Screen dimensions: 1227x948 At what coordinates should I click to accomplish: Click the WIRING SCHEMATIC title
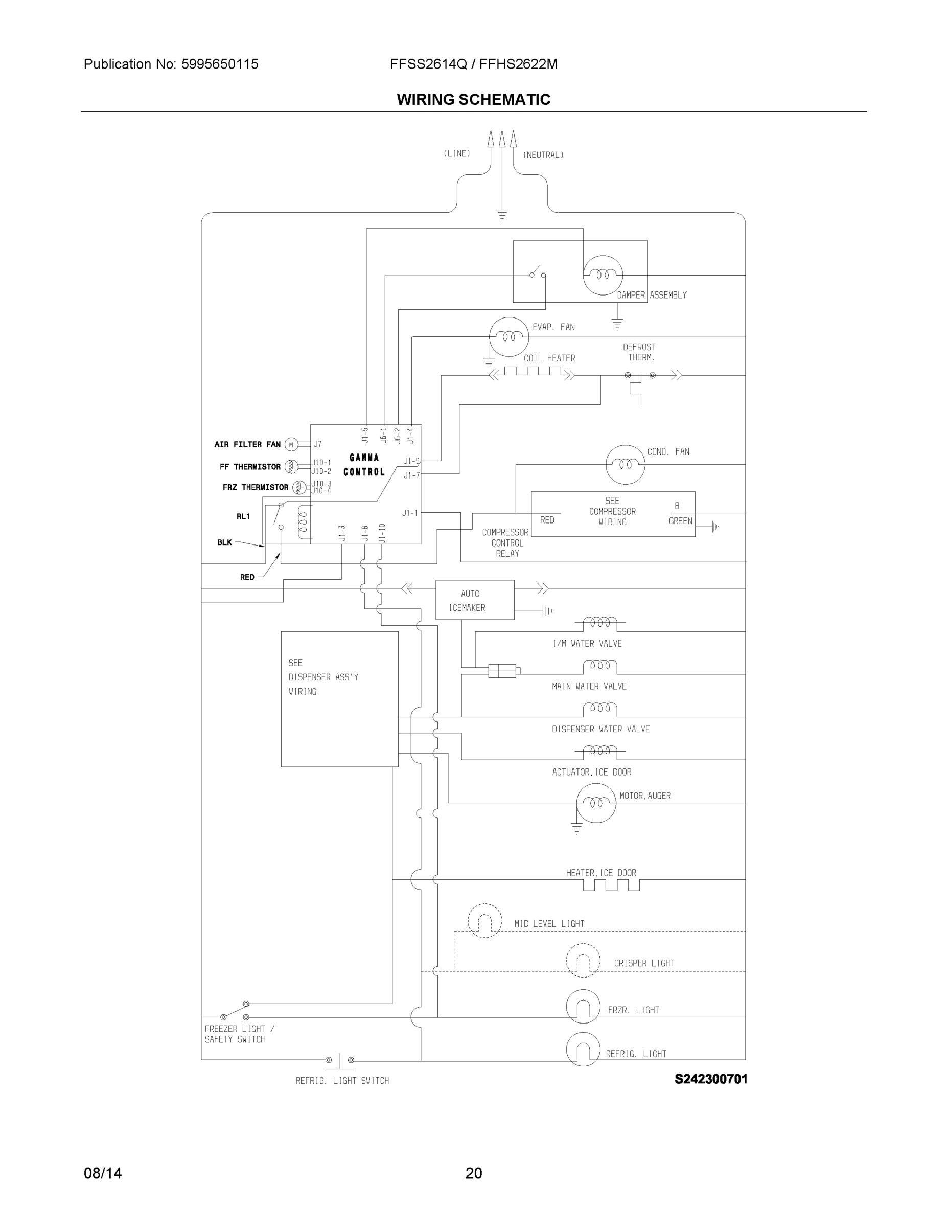473,100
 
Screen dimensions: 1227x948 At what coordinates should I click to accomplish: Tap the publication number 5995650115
220,64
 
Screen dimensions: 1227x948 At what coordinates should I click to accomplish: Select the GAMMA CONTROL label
364,465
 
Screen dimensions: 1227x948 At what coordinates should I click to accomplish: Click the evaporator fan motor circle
509,336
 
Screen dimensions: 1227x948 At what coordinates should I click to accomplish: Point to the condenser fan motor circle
625,465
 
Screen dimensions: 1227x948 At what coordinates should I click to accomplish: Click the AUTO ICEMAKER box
475,600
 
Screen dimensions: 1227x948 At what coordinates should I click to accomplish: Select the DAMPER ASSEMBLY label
652,295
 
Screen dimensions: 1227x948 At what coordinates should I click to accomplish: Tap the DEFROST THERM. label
639,352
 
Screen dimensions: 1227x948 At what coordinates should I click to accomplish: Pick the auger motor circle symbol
596,803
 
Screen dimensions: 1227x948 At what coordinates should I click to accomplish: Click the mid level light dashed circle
484,921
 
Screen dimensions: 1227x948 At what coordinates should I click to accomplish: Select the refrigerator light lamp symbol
583,1049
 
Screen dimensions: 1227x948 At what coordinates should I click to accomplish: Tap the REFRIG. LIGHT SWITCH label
342,1080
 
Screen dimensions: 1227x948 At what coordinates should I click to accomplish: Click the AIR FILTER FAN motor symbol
291,444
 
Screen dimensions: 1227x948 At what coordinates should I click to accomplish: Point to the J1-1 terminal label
410,513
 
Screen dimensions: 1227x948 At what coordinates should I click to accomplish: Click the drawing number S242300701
710,1079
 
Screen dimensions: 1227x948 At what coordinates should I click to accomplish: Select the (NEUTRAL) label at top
543,155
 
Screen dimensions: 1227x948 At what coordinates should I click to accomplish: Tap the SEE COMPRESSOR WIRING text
612,511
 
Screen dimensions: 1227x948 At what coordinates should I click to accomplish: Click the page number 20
473,1173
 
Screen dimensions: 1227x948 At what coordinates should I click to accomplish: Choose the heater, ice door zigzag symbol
611,885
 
